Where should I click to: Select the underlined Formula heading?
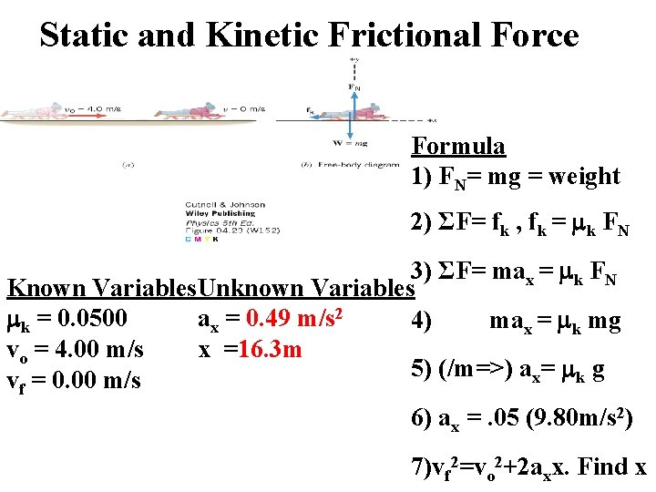[x=458, y=146]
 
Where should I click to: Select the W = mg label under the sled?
[x=352, y=141]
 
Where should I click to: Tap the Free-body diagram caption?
[x=350, y=165]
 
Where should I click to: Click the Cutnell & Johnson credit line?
[x=211, y=204]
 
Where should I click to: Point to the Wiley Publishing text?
[x=209, y=212]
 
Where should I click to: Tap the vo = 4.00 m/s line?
[x=75, y=350]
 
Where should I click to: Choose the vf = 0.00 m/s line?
[x=74, y=380]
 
